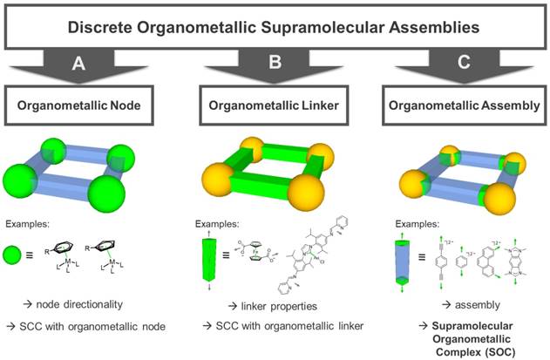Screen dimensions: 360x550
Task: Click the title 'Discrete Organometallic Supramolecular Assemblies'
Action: [275, 26]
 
